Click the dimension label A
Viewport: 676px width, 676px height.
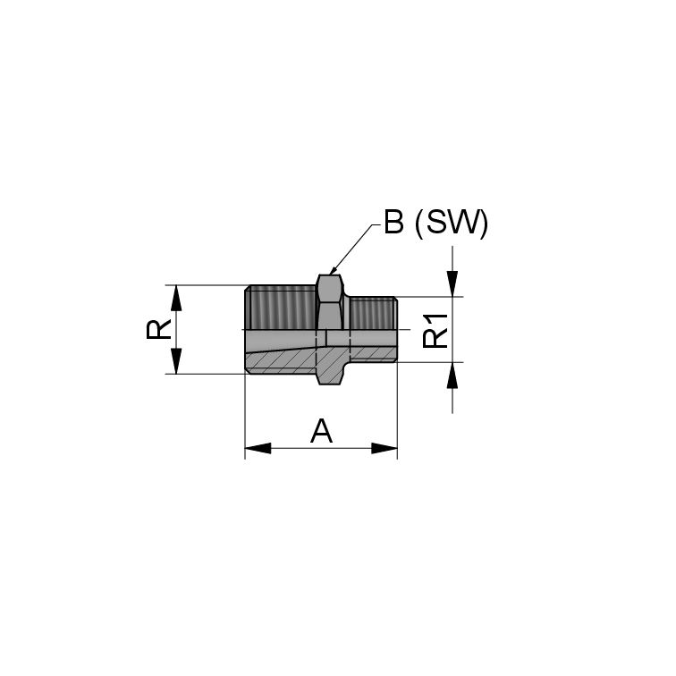click(x=321, y=432)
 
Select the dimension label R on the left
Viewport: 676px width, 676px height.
click(x=158, y=329)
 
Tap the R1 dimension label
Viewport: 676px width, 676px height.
click(x=435, y=330)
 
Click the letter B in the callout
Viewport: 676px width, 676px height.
click(x=393, y=224)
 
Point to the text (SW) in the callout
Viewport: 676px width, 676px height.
click(x=452, y=224)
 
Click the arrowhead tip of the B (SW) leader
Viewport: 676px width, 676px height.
click(x=330, y=273)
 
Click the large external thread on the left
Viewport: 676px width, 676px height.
click(x=281, y=307)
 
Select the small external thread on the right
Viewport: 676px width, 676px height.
click(x=373, y=313)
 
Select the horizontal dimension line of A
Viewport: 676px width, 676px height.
click(x=321, y=448)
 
